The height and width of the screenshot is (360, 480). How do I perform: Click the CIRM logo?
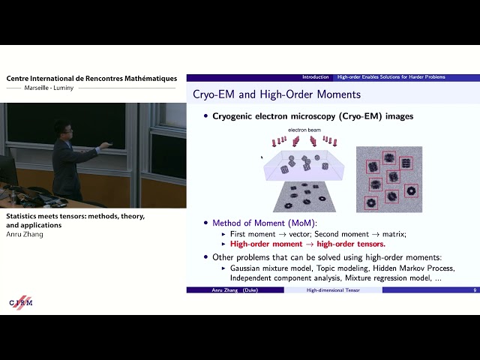click(21, 301)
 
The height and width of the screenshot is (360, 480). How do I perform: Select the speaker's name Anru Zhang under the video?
click(25, 235)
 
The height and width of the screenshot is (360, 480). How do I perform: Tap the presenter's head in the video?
click(62, 129)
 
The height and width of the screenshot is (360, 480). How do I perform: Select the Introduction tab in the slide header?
click(316, 77)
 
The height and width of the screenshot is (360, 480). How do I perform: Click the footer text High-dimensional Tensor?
click(333, 289)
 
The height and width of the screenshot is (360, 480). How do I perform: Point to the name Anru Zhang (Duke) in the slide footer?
click(234, 289)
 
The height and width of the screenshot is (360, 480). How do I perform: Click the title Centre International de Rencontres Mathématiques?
click(91, 78)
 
